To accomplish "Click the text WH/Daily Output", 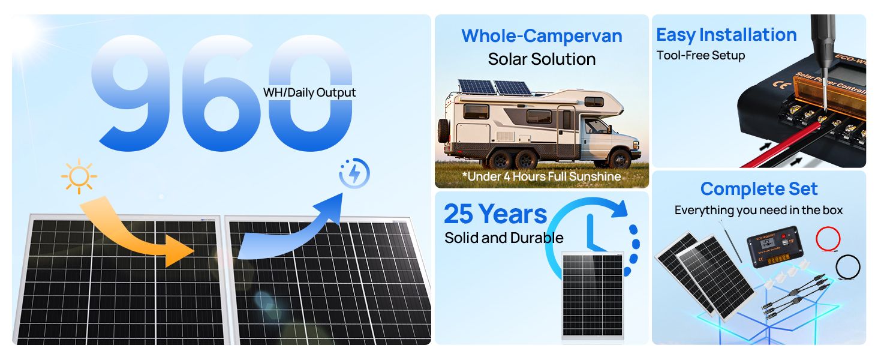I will point(309,92).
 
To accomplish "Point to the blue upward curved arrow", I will point(294,228).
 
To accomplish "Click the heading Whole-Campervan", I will point(542,35).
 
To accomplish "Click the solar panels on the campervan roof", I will point(495,88).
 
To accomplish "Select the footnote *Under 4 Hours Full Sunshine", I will point(542,176).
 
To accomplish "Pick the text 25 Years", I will point(495,214).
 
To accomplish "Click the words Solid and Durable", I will point(504,238).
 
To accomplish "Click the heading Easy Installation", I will point(726,35).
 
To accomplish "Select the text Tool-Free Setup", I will point(700,56).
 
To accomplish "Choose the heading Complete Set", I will point(759,189).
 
